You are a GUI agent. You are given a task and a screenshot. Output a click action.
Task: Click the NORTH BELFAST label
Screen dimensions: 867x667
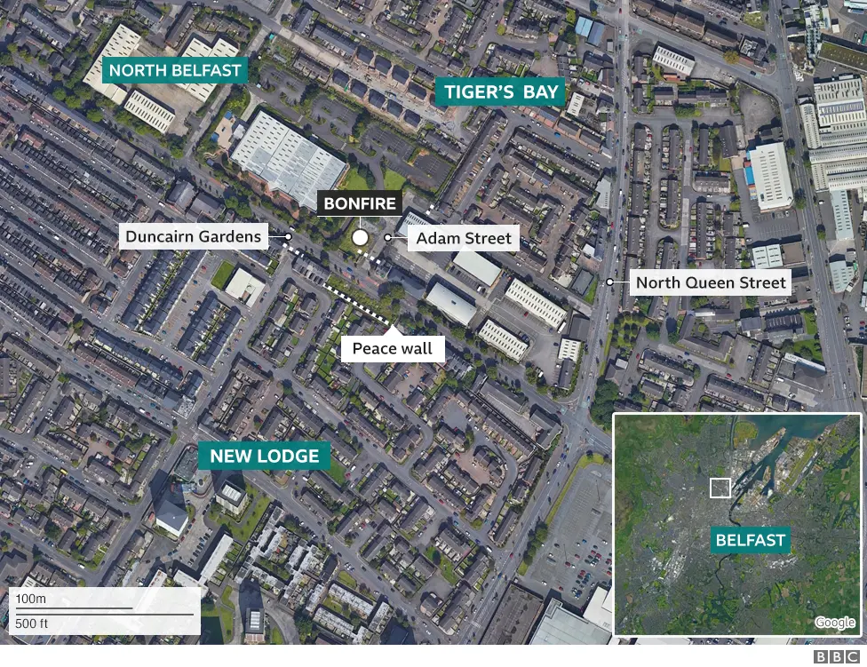(174, 69)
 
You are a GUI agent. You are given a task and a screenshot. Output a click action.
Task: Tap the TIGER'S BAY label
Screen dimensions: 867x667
(502, 91)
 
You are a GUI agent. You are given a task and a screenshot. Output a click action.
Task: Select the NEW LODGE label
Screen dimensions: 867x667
(264, 457)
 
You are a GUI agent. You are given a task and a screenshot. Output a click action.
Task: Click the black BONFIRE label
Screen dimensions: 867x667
(360, 203)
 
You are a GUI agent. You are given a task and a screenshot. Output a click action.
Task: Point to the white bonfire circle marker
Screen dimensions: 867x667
(360, 237)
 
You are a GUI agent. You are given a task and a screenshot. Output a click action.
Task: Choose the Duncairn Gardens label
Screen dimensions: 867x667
(194, 236)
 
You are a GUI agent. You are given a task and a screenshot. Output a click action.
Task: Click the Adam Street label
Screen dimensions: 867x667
(464, 238)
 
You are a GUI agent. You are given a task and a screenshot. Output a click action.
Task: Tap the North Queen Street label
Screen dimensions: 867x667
(712, 282)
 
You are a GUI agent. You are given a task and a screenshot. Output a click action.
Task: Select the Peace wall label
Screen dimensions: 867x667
(393, 348)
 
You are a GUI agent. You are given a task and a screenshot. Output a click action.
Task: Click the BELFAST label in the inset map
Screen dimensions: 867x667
(751, 540)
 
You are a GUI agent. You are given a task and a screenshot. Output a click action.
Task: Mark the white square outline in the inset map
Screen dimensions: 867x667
(720, 488)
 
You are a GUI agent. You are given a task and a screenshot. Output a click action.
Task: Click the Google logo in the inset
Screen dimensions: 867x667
(835, 623)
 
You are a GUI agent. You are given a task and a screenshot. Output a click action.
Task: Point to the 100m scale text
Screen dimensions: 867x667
(30, 600)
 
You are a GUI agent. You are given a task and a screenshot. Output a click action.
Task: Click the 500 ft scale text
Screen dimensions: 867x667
(33, 623)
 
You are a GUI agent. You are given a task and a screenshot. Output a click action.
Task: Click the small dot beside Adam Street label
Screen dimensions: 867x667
(388, 238)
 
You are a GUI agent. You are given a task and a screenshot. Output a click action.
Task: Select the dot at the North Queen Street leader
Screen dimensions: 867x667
(610, 282)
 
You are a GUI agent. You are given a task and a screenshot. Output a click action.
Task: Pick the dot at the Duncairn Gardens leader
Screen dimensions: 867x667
(289, 237)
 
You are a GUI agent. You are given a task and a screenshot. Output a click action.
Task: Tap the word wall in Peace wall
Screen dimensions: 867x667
(417, 348)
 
